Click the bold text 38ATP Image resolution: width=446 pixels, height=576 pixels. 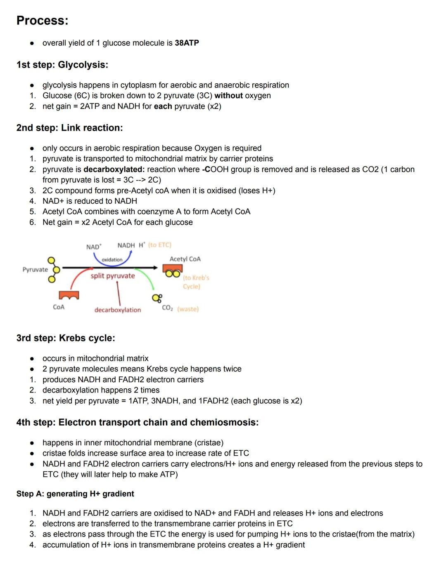187,43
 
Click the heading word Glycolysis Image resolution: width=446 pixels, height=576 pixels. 83,65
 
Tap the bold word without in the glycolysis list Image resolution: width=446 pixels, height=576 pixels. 228,96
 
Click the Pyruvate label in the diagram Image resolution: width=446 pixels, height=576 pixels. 35,269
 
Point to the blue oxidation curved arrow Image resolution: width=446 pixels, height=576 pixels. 112,260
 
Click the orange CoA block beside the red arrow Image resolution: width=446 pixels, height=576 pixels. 69,295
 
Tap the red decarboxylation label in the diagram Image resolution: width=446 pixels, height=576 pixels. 118,310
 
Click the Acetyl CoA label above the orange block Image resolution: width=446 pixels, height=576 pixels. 185,259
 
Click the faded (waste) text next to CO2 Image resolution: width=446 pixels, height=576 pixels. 188,309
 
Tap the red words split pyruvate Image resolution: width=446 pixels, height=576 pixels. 113,276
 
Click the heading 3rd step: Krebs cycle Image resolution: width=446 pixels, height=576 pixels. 66,338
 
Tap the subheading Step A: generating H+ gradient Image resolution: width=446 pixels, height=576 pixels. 75,494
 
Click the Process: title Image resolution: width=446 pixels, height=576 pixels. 42,21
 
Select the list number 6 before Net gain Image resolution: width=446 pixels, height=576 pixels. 32,222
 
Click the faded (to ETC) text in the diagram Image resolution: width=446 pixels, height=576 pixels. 159,245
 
